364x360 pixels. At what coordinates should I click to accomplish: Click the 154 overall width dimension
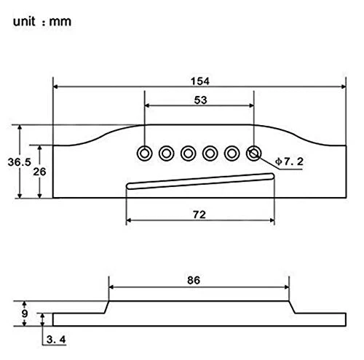click(200, 81)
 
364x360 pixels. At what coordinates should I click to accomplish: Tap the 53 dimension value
click(200, 100)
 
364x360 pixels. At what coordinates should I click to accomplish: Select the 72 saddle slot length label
click(199, 215)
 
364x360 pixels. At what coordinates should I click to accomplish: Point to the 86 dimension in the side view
click(194, 280)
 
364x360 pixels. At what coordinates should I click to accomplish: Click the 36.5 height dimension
click(20, 162)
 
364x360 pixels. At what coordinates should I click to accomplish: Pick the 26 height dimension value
click(39, 172)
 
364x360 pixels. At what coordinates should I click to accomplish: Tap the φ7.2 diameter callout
click(289, 161)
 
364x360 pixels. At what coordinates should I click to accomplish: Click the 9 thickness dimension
click(25, 313)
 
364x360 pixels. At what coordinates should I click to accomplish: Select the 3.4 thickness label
click(56, 340)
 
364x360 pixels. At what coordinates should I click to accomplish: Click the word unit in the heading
click(24, 21)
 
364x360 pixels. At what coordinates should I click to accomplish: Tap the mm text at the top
click(60, 22)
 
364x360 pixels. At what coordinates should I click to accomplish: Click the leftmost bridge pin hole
click(144, 153)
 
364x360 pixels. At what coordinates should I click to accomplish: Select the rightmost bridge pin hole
click(253, 153)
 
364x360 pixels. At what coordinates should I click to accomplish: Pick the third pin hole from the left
click(188, 153)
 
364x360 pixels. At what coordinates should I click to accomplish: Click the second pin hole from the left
click(166, 153)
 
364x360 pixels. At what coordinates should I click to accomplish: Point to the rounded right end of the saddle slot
click(272, 176)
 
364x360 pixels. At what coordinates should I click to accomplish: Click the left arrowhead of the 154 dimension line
click(55, 87)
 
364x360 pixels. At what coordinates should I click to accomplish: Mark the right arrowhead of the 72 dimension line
click(272, 220)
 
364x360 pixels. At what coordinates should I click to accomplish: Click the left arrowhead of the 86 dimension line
click(111, 287)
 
